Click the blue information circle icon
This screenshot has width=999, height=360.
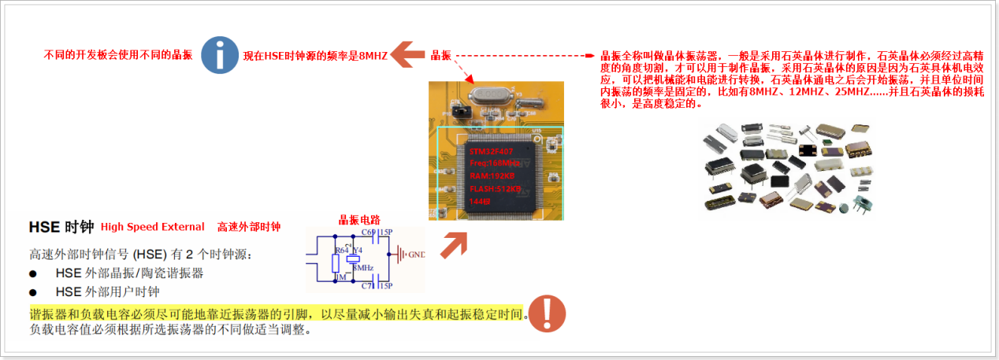[x=220, y=54]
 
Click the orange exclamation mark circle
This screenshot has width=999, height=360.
[x=547, y=314]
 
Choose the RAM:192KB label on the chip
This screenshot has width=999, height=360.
[x=490, y=176]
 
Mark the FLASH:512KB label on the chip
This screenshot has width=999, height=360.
[x=495, y=189]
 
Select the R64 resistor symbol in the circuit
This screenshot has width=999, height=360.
[x=336, y=261]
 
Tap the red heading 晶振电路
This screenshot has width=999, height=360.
[x=361, y=220]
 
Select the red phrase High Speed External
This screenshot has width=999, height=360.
[x=152, y=227]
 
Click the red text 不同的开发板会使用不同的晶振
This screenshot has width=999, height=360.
[x=118, y=55]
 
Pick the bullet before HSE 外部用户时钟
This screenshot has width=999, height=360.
[x=33, y=291]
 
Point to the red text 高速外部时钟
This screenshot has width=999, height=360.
[x=249, y=227]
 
